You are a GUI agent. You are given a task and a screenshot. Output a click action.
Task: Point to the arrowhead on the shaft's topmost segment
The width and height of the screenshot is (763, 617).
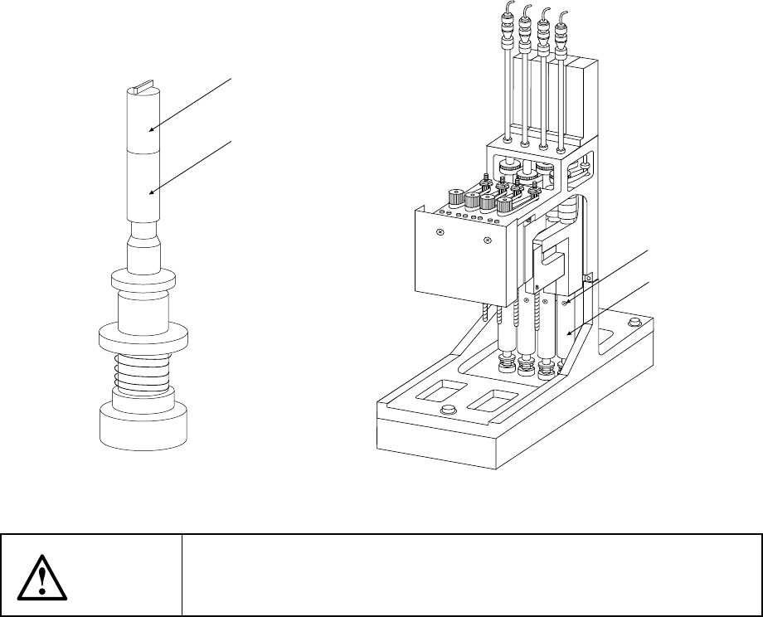pos(152,129)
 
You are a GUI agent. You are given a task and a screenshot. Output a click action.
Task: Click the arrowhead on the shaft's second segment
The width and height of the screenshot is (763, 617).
pos(152,192)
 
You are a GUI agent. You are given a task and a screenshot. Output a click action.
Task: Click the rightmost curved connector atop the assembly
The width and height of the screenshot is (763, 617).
pos(564,16)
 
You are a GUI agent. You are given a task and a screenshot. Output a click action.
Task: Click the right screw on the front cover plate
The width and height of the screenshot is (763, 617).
pos(487,242)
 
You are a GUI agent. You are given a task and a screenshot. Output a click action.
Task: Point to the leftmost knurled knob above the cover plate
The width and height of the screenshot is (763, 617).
pos(454,198)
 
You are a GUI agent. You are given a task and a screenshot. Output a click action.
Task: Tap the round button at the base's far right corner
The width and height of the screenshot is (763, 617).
pos(635,322)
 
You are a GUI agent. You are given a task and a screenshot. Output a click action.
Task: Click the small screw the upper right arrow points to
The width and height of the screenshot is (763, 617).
pos(565,304)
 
